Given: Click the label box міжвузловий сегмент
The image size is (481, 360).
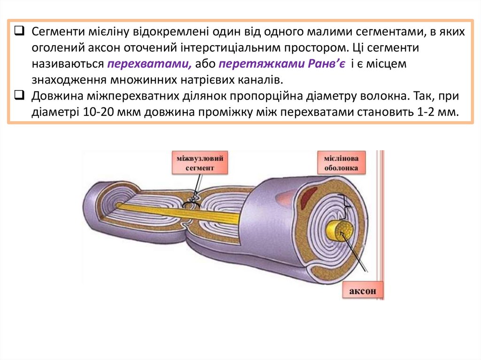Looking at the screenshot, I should click(x=199, y=162).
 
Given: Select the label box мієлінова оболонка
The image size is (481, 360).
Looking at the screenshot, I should click(x=341, y=162).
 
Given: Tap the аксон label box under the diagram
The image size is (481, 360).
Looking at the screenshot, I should click(x=363, y=291).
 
